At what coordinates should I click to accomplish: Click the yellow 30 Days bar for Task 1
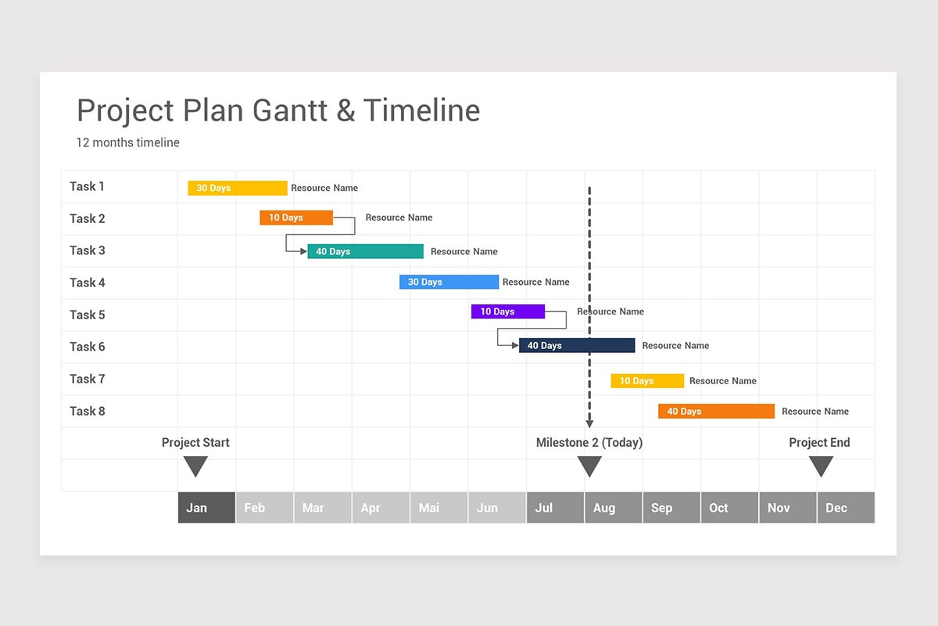(238, 188)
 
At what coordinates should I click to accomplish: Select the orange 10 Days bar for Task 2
(296, 218)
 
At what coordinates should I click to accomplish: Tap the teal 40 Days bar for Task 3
(365, 251)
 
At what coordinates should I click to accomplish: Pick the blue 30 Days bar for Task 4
(449, 282)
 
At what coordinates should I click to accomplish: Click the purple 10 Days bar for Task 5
(508, 311)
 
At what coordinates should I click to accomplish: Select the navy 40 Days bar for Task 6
(577, 345)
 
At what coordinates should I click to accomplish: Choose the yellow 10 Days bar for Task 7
(647, 381)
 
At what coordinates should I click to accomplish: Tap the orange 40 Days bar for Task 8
(716, 411)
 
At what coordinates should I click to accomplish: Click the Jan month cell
(206, 508)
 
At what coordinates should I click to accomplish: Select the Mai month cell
(439, 508)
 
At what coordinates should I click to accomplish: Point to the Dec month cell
(846, 508)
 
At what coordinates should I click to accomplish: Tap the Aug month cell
(614, 508)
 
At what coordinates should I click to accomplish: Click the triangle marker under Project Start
(195, 466)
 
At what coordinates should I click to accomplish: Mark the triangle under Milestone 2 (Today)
(589, 466)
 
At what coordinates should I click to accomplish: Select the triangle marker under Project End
(821, 466)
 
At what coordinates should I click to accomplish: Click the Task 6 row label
(87, 347)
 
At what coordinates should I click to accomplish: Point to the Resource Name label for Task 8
(815, 411)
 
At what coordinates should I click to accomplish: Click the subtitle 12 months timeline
(127, 142)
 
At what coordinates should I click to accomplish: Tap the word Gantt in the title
(290, 110)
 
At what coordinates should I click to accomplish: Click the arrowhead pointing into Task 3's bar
(303, 251)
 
